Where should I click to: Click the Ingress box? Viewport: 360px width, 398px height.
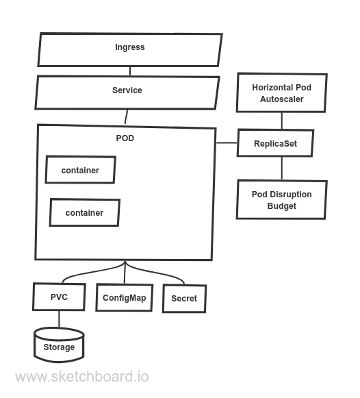[130, 49]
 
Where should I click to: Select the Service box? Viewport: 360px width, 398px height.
[127, 91]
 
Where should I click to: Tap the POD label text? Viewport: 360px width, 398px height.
[125, 138]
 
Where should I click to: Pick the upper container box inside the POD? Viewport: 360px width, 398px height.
[80, 170]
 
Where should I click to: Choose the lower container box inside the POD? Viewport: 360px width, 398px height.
[84, 212]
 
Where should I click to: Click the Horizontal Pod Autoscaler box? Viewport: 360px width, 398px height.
[281, 93]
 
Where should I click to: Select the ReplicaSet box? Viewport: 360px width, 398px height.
[275, 143]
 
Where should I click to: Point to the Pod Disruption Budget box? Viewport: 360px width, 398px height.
[281, 199]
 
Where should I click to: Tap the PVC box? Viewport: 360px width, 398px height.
[59, 297]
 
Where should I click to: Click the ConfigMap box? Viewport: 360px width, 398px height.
[124, 298]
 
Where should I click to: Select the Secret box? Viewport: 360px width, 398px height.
[183, 299]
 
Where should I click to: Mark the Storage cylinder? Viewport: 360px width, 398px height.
[59, 345]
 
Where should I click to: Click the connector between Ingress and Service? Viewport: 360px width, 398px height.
[130, 71]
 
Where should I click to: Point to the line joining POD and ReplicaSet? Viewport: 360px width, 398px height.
[227, 143]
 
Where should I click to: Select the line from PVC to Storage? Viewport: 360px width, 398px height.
[59, 319]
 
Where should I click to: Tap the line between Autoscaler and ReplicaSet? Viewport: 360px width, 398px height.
[281, 121]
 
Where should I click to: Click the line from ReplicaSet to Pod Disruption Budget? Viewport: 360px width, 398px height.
[281, 169]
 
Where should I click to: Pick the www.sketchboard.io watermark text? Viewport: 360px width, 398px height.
[81, 377]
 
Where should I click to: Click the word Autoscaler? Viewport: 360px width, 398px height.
[281, 99]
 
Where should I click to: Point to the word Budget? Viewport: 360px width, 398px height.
[281, 206]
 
